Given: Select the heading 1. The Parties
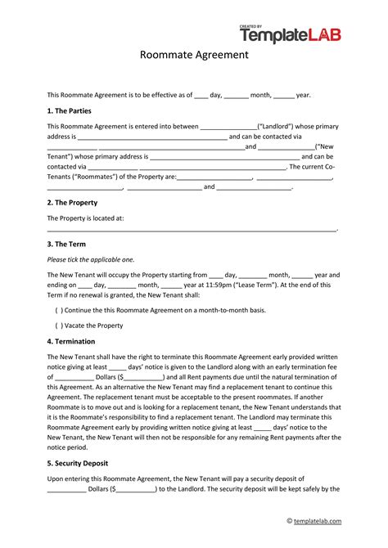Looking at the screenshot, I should point(71,110).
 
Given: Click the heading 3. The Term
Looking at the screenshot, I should point(66,244).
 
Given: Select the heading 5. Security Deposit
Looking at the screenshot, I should point(81,461).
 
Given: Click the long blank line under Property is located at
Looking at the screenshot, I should point(192,231).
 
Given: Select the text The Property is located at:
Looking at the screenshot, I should point(85,218).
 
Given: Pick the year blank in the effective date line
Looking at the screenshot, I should point(283,95).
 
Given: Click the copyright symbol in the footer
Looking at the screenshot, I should point(289,521).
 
